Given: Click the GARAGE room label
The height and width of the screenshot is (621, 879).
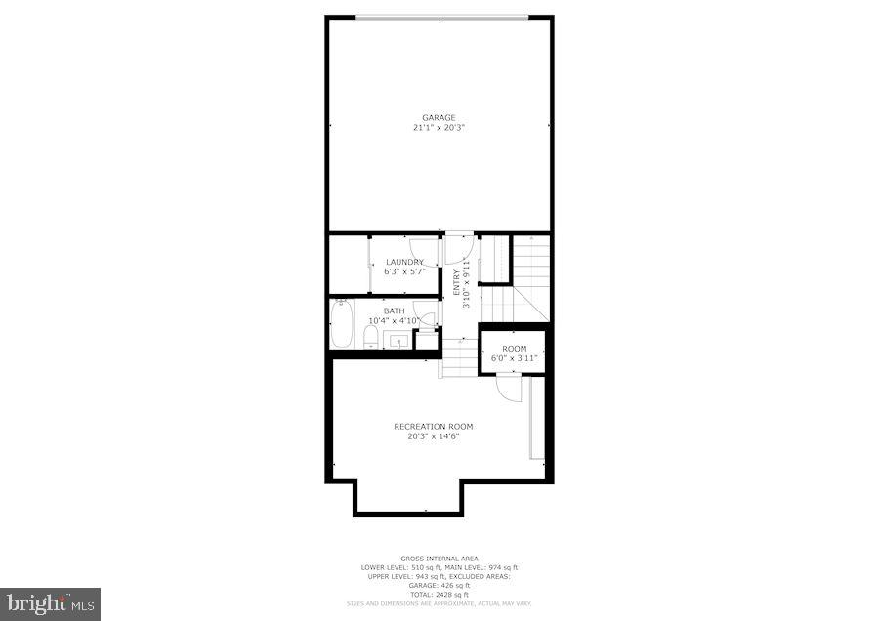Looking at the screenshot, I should click(x=439, y=118).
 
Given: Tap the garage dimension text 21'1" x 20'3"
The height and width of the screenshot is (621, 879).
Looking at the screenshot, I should click(x=439, y=127).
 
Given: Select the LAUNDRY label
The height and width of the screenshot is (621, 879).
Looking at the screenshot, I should click(x=404, y=262).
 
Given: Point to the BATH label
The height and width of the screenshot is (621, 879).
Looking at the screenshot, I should click(x=394, y=311).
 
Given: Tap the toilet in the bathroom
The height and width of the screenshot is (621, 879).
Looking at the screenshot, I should click(x=371, y=338).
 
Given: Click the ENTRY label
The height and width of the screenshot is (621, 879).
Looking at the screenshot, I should click(x=456, y=283).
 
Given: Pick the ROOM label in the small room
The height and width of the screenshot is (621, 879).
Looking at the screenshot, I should click(x=515, y=349).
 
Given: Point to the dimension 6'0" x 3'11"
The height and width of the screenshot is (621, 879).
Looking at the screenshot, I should click(x=515, y=358).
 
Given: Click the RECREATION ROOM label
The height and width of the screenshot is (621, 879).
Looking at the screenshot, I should click(x=434, y=427).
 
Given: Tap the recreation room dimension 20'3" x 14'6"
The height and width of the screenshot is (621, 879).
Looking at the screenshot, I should click(x=434, y=436).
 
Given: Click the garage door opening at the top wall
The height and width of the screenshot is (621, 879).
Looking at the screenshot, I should click(x=441, y=16).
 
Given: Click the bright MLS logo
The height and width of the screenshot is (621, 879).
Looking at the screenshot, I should click(x=50, y=603).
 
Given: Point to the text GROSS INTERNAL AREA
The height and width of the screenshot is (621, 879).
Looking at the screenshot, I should click(x=439, y=559).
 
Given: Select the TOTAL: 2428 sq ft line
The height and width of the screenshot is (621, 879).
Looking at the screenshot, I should click(x=439, y=595).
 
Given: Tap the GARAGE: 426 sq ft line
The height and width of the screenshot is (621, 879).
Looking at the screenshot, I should click(x=439, y=586).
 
